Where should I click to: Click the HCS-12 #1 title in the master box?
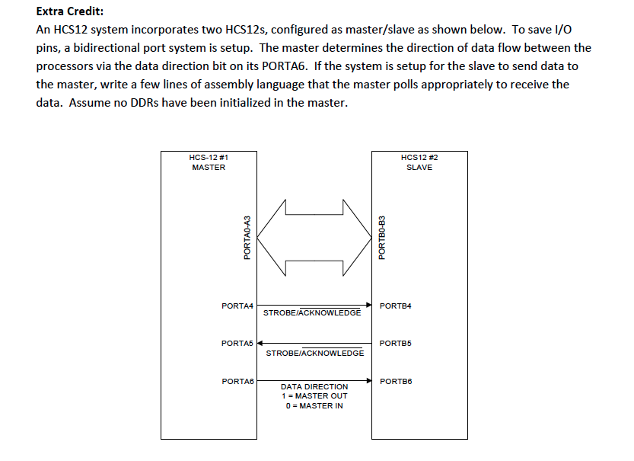209,158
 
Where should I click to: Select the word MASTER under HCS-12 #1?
209,168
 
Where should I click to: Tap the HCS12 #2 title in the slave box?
419,158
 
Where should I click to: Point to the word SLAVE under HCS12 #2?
419,168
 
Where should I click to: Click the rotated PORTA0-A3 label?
247,237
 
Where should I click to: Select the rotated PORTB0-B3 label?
382,237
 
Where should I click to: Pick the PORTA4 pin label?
237,306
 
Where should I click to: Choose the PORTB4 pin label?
395,306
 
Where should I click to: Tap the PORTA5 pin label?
237,344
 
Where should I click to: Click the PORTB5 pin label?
395,344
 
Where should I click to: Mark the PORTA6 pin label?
237,381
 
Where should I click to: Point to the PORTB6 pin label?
395,381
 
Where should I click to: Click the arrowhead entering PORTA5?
260,343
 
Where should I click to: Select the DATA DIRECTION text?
314,387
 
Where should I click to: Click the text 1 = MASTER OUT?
314,396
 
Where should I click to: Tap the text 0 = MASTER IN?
314,406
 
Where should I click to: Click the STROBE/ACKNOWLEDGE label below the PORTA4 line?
312,313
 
